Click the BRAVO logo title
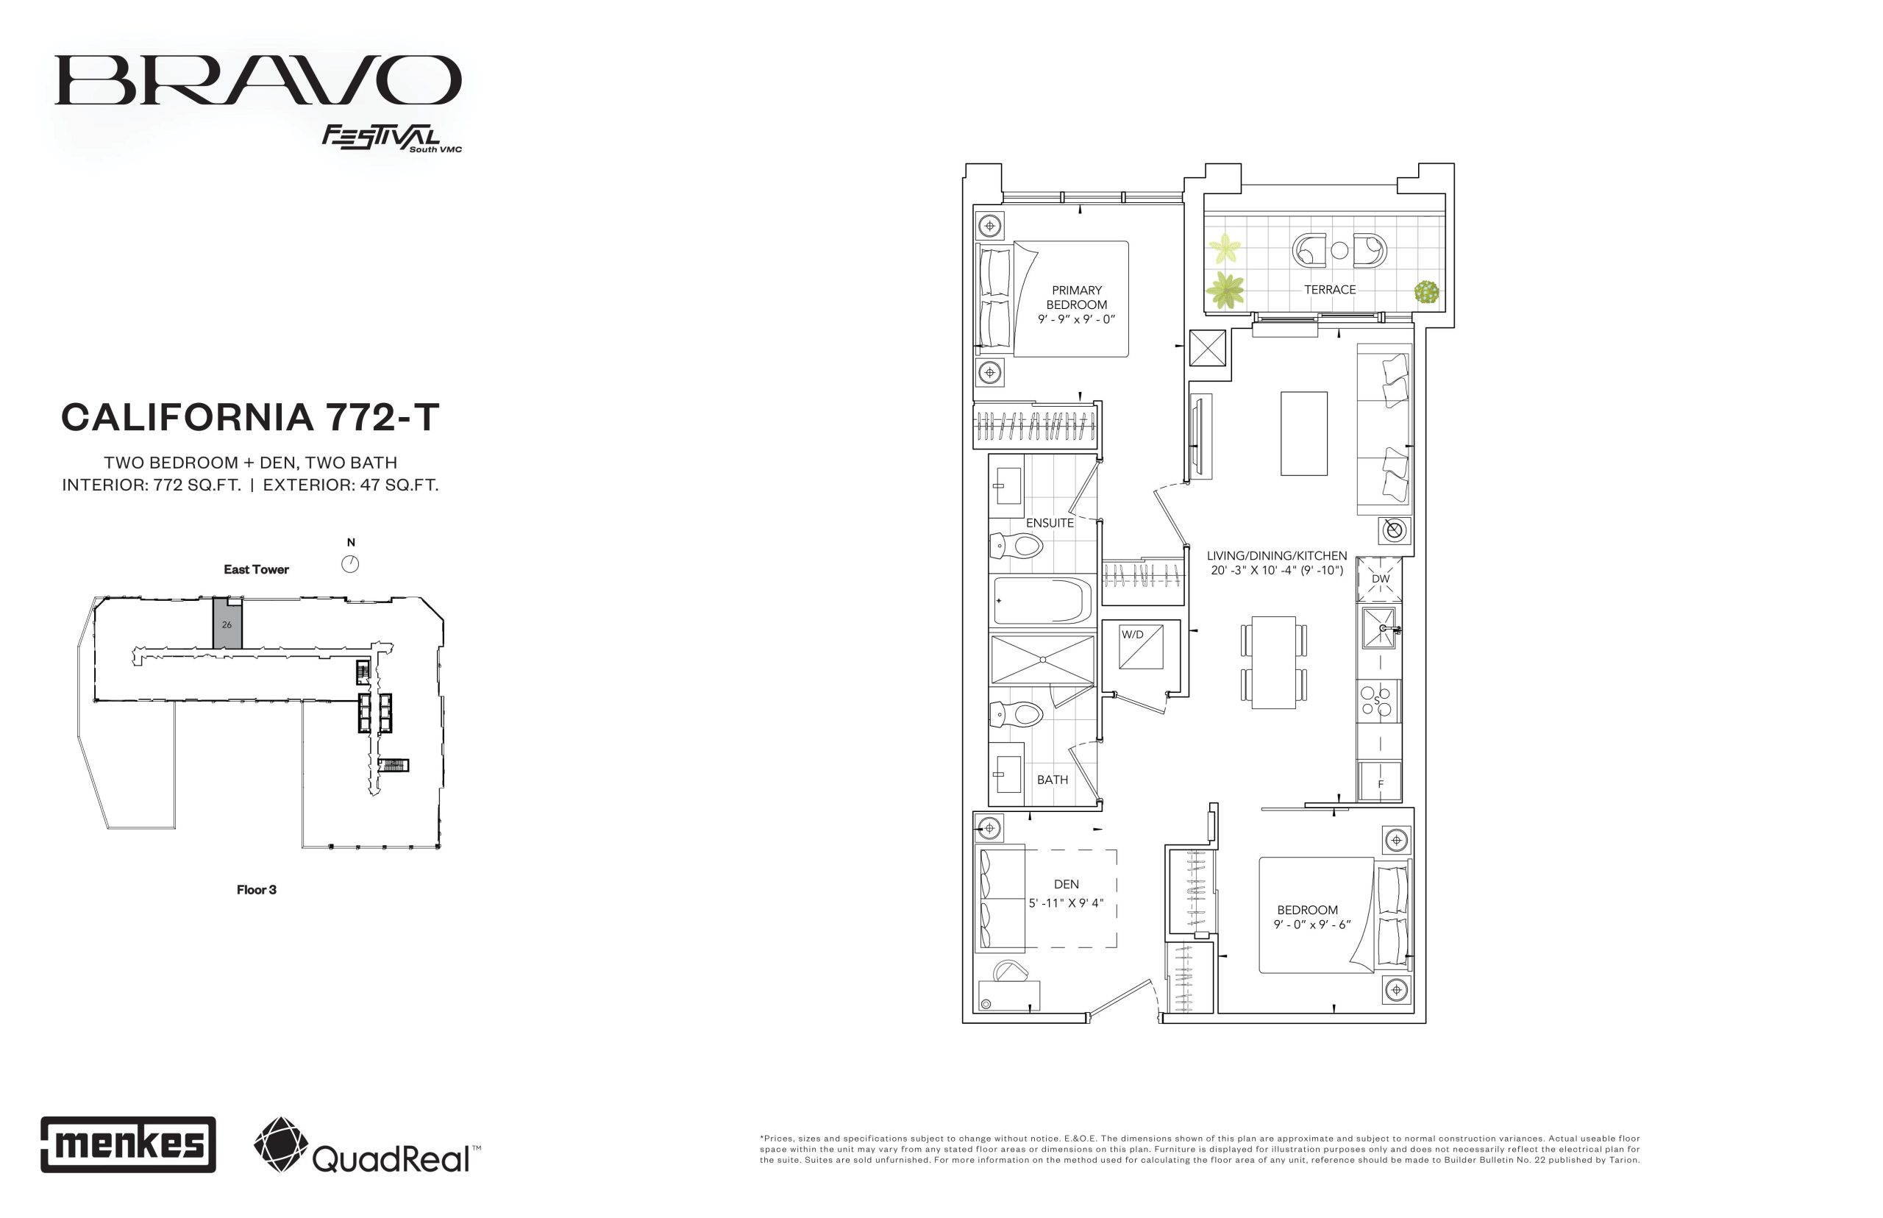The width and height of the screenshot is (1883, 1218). tap(258, 80)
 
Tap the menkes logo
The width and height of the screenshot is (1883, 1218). tap(128, 1144)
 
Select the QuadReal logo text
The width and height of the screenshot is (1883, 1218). tap(391, 1158)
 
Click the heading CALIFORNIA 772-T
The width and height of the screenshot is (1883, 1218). tap(250, 418)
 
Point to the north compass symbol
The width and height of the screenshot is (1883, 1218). tap(350, 563)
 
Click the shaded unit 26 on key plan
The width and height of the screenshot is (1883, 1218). tap(227, 624)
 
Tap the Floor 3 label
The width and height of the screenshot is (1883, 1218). tap(256, 890)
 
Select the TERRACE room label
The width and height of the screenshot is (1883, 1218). tap(1329, 290)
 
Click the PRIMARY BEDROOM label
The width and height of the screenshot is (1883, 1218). tap(1076, 297)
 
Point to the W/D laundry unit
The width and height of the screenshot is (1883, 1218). tap(1141, 647)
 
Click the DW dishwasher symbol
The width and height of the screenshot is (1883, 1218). tap(1379, 579)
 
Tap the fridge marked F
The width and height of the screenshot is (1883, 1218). tap(1380, 781)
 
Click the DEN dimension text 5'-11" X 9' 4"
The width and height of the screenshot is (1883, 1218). tap(1066, 903)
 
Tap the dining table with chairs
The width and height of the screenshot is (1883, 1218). tap(1273, 662)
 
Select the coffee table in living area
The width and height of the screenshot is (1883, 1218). tap(1303, 433)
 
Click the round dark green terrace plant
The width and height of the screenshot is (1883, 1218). tap(1426, 292)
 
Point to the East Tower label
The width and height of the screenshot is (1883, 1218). tap(256, 569)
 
